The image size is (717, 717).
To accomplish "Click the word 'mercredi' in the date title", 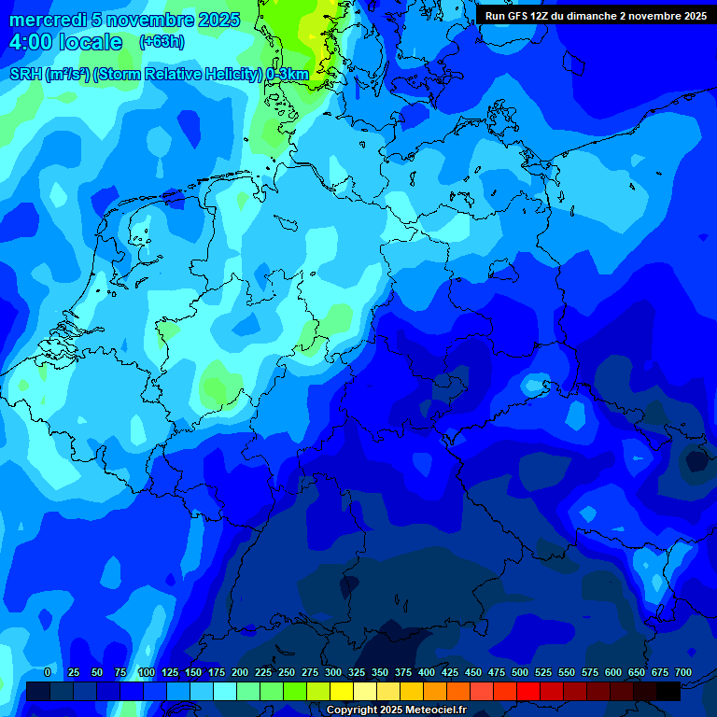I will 48,20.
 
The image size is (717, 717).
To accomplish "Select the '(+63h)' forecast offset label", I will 162,42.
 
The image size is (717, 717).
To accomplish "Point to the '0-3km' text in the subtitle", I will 288,75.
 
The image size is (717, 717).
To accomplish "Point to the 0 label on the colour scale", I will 47,673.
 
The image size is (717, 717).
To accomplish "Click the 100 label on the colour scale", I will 146,673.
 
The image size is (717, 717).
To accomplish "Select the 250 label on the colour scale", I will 287,673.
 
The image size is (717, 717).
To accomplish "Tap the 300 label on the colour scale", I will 333,673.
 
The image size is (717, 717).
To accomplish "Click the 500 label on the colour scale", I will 520,673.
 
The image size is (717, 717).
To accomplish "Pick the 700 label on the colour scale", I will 683,673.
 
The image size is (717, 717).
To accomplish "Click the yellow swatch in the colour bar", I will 342,692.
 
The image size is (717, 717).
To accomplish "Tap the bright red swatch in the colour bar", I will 528,692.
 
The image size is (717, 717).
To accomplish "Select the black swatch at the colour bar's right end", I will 668,692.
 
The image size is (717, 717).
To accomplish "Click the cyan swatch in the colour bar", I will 225,692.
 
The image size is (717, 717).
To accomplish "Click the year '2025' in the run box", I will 692,16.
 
